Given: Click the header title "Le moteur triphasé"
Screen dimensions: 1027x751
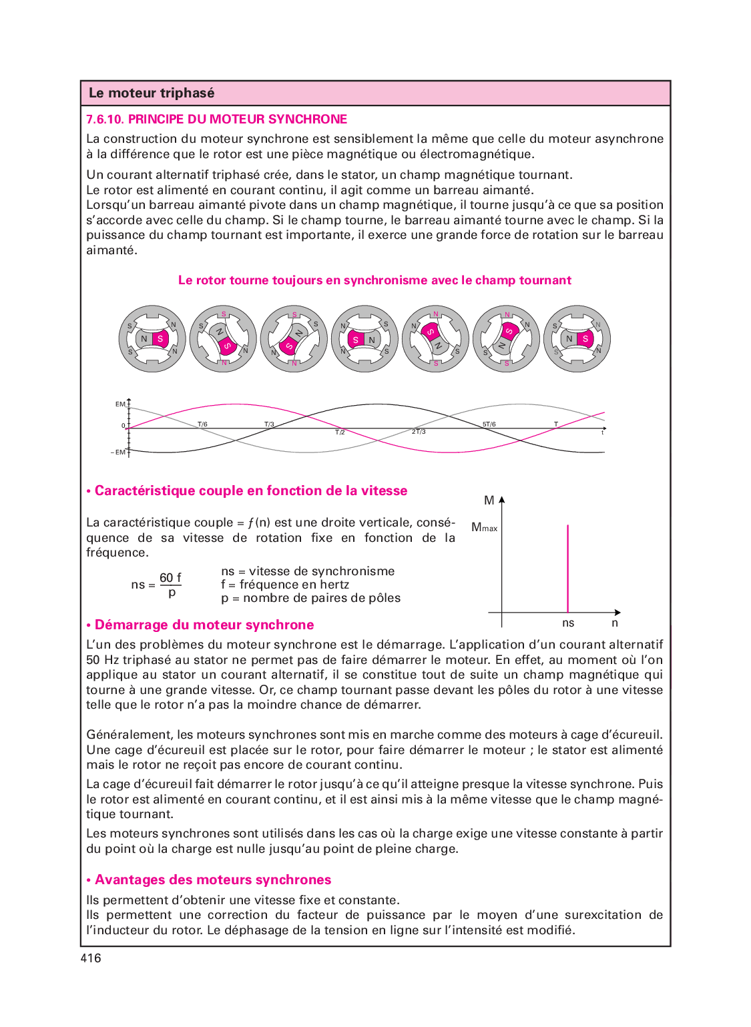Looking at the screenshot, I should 152,93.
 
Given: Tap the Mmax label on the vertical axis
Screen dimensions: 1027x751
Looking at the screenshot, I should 484,528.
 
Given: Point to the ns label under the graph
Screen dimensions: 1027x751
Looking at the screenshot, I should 568,623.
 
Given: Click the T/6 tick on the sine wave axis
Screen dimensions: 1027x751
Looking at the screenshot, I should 202,424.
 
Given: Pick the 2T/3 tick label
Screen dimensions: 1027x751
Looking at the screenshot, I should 419,432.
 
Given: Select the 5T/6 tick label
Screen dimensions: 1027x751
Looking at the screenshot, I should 489,424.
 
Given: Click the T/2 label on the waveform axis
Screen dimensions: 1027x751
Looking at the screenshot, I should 340,432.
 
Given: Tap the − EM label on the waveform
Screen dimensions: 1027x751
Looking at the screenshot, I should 118,452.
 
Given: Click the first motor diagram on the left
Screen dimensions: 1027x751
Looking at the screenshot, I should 152,339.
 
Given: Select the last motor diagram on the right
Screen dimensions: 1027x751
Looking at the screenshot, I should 577,339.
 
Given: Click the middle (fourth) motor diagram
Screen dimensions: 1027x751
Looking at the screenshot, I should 364,339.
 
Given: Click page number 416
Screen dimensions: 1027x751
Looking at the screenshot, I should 91,958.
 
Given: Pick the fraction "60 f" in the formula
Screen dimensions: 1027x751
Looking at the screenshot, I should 170,578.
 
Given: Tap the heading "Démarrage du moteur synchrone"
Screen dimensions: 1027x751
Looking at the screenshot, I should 204,625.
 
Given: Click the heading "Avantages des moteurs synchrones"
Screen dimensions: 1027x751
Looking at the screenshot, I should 212,880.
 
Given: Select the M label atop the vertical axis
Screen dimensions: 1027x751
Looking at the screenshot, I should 489,500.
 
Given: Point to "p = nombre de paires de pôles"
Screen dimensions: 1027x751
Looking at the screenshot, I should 311,599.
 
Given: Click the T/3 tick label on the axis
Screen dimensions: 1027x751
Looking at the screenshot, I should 269,424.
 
